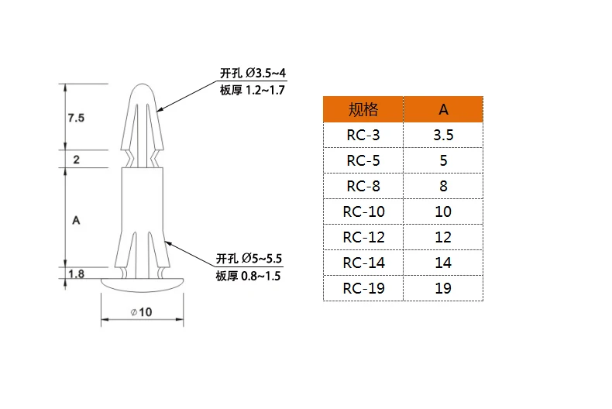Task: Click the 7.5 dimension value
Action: [76, 118]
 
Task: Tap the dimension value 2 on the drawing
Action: [76, 160]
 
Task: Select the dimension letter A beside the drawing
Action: [76, 220]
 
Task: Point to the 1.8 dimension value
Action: [76, 274]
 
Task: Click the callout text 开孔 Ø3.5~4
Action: [253, 74]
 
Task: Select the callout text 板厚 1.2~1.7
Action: [253, 91]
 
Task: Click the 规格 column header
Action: [363, 108]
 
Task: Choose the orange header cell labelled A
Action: [443, 108]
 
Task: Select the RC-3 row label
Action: [363, 135]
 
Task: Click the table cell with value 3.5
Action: [443, 135]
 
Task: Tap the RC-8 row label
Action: [363, 186]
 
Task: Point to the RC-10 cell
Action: [363, 211]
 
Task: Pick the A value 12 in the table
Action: [443, 237]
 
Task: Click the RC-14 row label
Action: [363, 263]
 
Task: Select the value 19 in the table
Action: [443, 288]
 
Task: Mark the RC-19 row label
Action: [363, 288]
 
